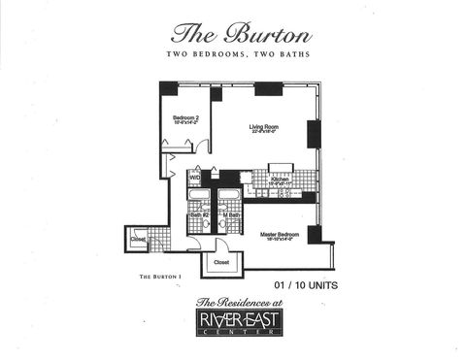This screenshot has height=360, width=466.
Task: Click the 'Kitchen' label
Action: pyautogui.click(x=281, y=181)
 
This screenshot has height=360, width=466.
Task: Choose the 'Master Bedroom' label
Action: pyautogui.click(x=278, y=236)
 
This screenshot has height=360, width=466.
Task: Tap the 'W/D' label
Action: pyautogui.click(x=194, y=178)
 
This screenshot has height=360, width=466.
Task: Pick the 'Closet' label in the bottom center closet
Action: pyautogui.click(x=221, y=261)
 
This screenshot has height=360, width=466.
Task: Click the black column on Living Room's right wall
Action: pyautogui.click(x=314, y=134)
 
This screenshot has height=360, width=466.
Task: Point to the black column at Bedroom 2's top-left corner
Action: pyautogui.click(x=169, y=88)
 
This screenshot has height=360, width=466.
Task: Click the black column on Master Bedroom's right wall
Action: pyautogui.click(x=315, y=234)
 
